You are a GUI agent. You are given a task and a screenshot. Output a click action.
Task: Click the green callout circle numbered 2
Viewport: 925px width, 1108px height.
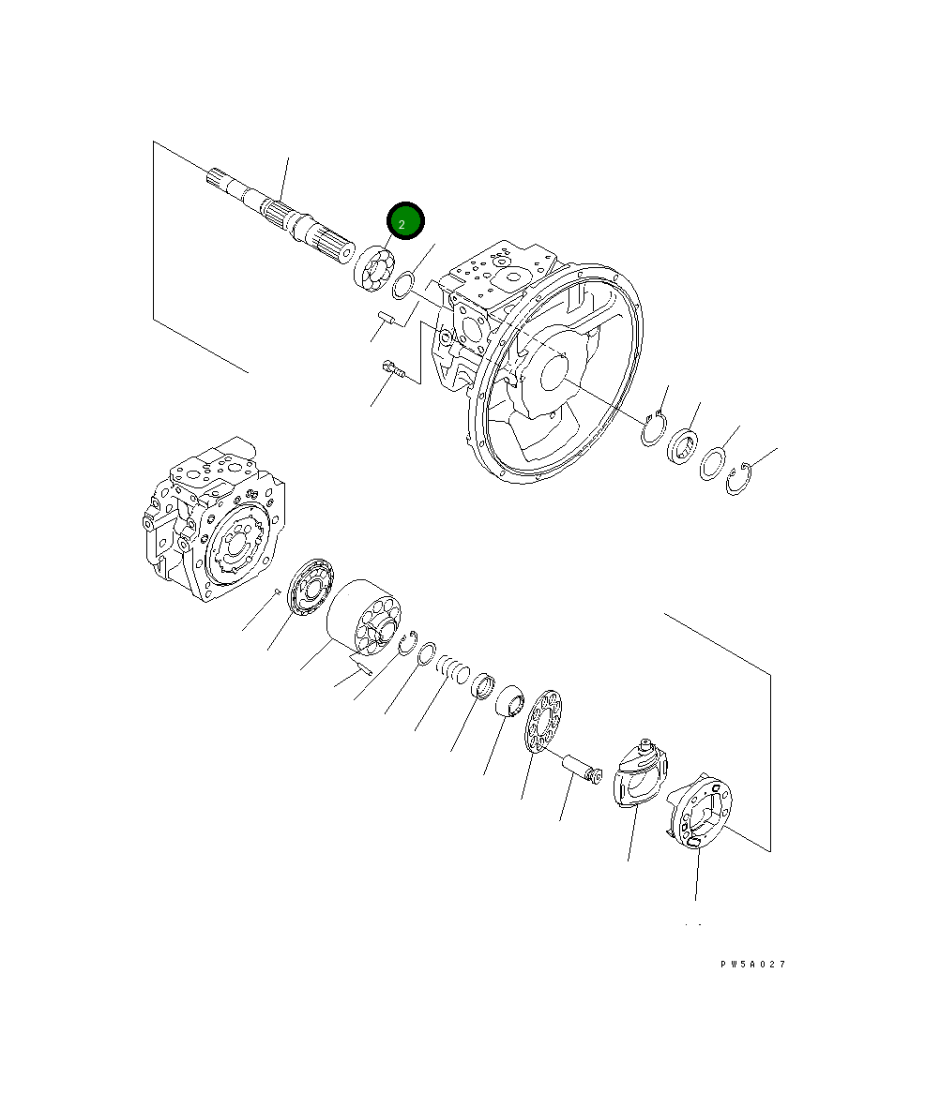point(406,223)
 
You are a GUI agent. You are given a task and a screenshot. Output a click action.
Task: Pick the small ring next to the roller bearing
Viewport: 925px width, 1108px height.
point(405,283)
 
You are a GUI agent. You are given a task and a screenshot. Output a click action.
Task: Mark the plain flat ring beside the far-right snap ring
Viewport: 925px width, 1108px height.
point(712,463)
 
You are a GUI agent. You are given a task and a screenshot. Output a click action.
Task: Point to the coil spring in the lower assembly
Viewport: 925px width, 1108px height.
point(454,669)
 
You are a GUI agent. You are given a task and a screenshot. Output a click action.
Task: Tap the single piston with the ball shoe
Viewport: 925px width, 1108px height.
point(582,768)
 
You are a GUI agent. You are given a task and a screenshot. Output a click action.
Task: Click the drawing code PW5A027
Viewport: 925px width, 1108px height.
point(752,964)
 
